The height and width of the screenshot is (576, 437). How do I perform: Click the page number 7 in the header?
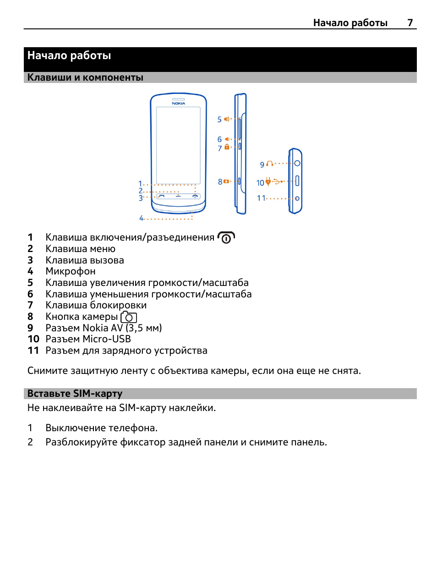click(x=410, y=23)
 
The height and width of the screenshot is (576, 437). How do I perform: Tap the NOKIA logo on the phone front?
click(x=178, y=104)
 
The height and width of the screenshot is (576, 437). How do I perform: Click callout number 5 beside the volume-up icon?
click(x=219, y=120)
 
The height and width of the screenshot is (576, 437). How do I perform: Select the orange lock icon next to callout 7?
click(x=227, y=147)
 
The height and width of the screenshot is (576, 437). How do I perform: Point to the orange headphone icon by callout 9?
click(x=270, y=164)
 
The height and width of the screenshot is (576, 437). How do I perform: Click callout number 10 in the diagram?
click(x=260, y=183)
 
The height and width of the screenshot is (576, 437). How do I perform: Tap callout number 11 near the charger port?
click(x=261, y=198)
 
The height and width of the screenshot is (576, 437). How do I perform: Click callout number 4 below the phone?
click(x=142, y=218)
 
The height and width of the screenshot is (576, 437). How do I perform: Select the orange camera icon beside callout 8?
click(x=226, y=181)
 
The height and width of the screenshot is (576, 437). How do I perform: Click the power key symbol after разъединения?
click(x=226, y=238)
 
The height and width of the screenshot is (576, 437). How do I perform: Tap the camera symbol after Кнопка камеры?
click(x=129, y=317)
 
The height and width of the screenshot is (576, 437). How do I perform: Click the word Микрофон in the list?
click(x=71, y=271)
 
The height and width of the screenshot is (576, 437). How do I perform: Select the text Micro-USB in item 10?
click(x=107, y=339)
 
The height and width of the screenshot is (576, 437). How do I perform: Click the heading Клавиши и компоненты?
click(x=85, y=77)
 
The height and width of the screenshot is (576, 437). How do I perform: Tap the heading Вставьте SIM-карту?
click(x=75, y=394)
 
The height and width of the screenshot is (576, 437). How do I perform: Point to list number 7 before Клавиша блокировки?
click(x=30, y=305)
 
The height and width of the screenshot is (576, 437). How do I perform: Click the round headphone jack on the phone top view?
click(x=297, y=163)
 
